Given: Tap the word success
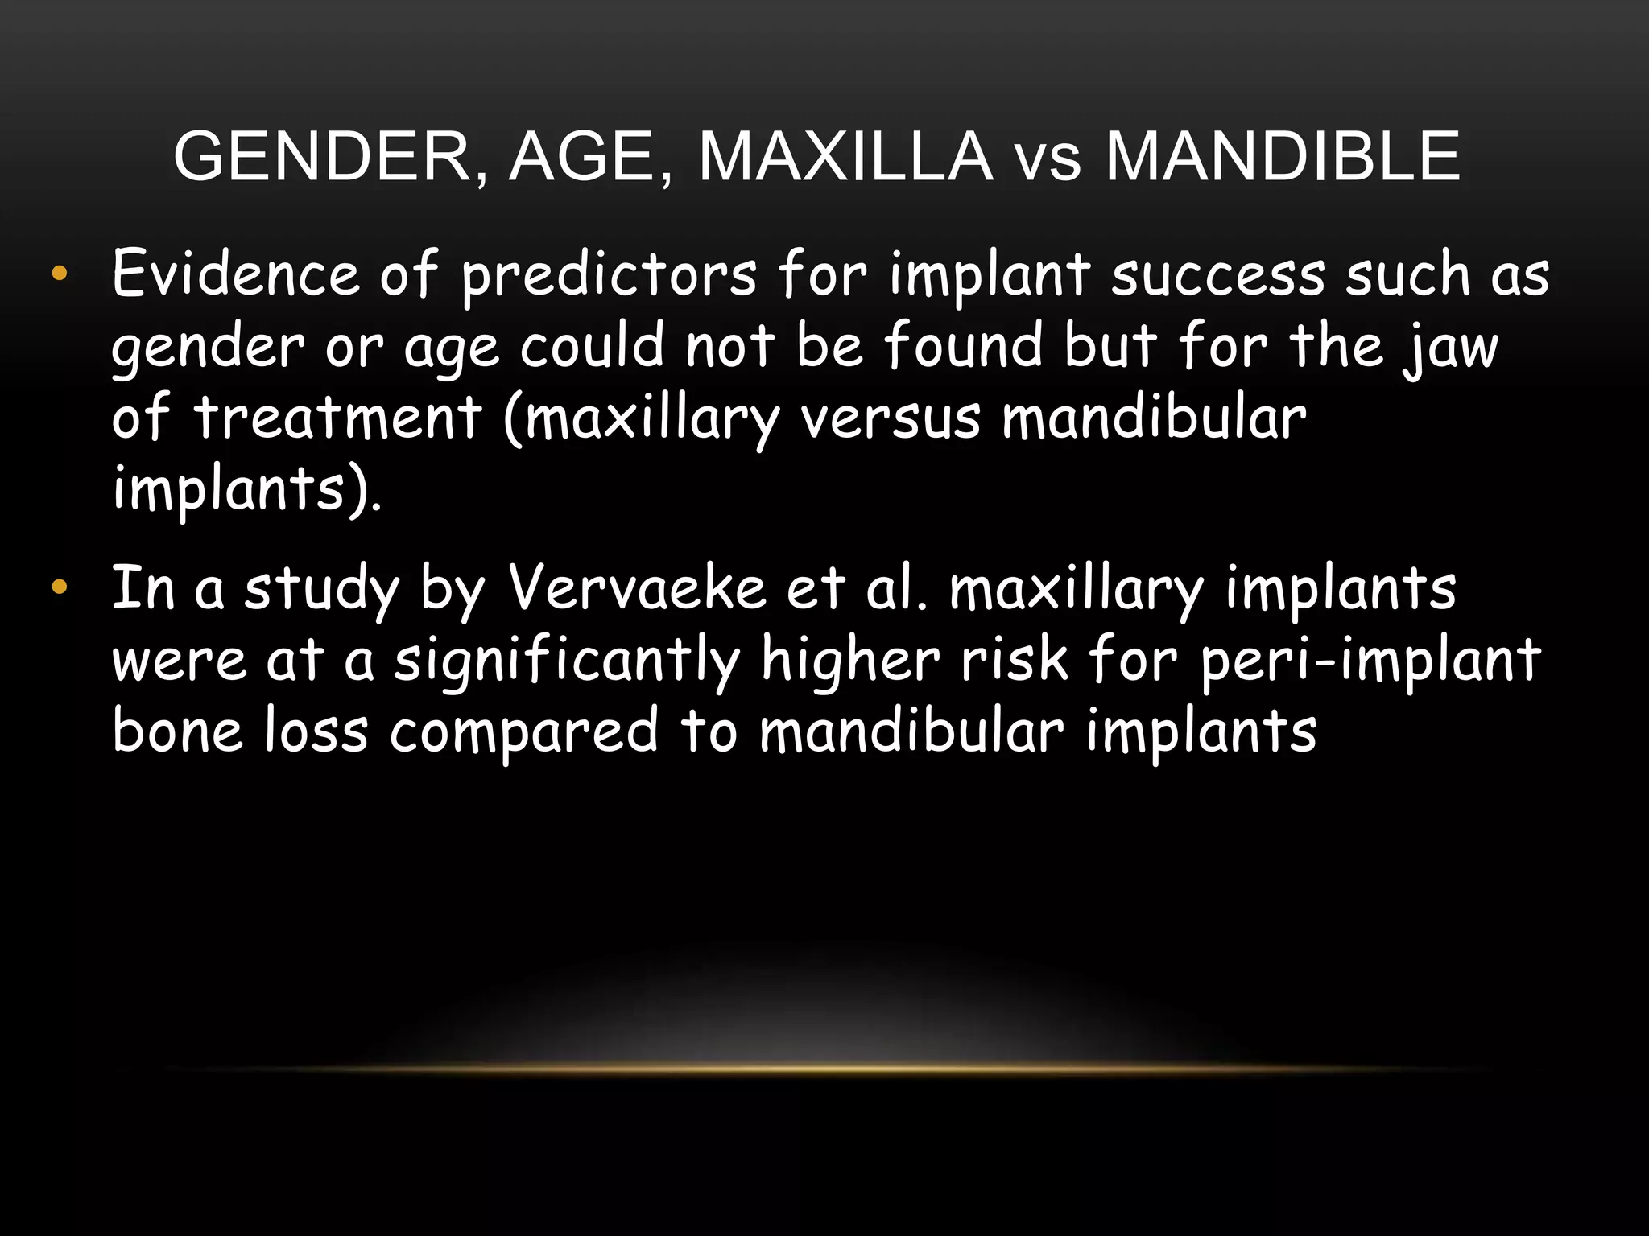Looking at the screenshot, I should coord(1218,275).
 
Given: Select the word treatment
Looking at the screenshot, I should coord(339,418).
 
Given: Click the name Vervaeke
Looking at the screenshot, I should coord(637,587).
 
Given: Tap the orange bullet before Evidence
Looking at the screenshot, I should coord(59,274).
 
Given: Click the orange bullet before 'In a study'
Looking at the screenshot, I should coord(59,587).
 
